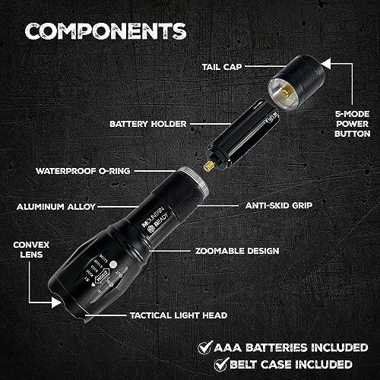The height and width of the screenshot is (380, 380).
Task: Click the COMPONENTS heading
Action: coord(106,31)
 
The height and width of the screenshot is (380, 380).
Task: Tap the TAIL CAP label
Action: coord(222,67)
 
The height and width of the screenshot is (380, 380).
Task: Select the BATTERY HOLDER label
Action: coord(148,124)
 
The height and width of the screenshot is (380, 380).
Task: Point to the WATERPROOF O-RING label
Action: coord(83,171)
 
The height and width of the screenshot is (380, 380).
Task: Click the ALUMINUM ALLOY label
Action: coord(56,207)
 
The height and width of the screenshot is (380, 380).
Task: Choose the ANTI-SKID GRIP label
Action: coord(279,205)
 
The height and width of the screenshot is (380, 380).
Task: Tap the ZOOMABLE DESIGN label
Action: coord(237,251)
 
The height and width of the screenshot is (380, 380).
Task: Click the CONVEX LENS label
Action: coord(31,249)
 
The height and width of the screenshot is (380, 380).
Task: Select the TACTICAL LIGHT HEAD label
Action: coord(179,315)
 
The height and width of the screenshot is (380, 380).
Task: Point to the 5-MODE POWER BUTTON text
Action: coord(352,124)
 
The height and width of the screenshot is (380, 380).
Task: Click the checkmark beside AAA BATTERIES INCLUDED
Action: coord(205,347)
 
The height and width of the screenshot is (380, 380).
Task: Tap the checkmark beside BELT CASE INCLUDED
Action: coord(221,364)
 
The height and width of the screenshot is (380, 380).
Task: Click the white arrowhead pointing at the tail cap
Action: coord(326,64)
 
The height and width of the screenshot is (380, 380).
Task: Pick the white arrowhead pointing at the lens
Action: coord(56,302)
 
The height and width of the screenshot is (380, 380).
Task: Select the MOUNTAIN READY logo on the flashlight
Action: coord(155,220)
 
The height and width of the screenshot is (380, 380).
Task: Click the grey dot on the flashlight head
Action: coord(113,264)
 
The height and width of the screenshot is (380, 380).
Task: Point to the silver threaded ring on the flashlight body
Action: coord(195,180)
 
